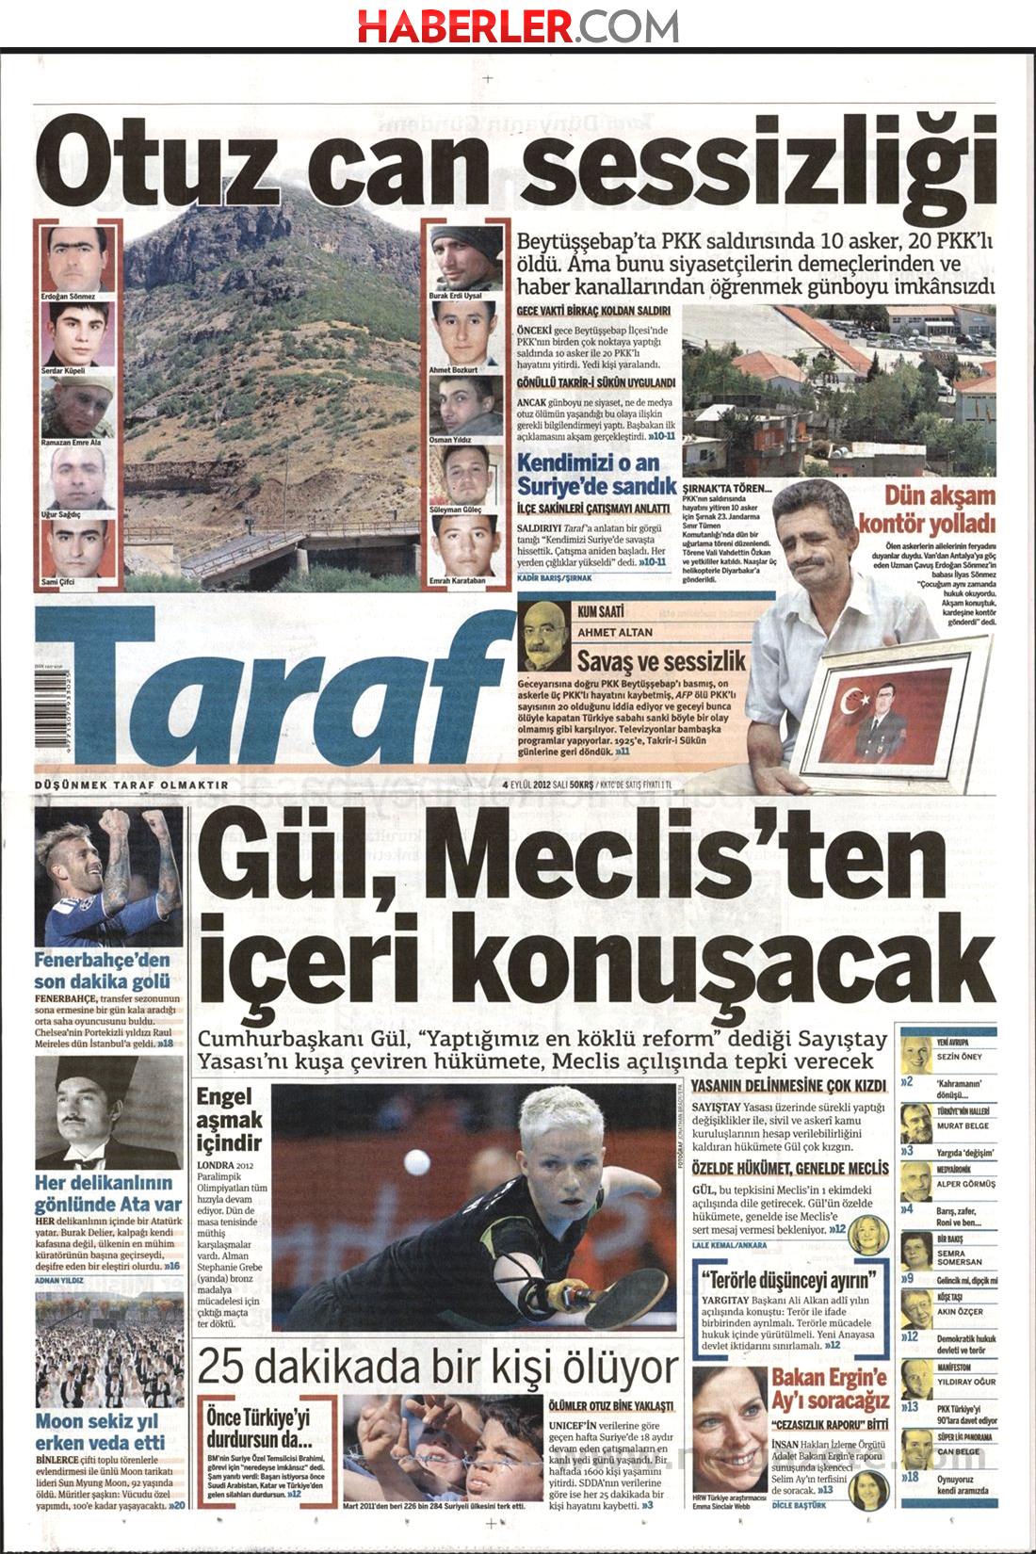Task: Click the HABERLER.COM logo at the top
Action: pyautogui.click(x=517, y=24)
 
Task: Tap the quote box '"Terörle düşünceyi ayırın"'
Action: pyautogui.click(x=792, y=1280)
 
